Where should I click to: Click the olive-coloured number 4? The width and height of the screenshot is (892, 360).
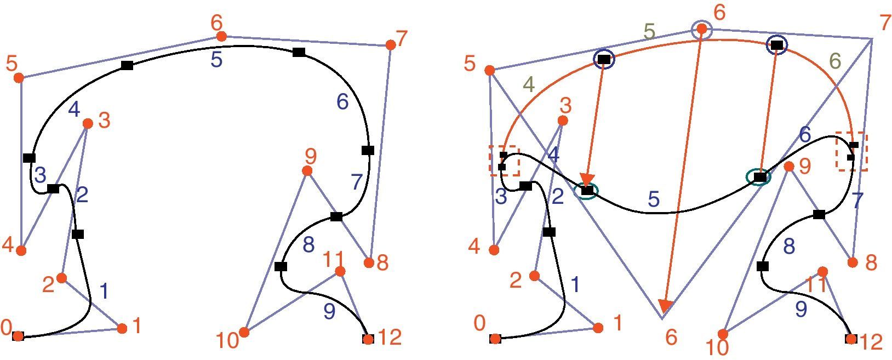point(528,85)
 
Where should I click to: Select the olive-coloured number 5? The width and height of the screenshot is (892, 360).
point(649,32)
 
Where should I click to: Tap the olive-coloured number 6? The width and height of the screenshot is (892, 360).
point(835,61)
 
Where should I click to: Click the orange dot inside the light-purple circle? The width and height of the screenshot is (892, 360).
point(701,30)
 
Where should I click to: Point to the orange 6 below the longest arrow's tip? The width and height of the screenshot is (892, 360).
point(671,338)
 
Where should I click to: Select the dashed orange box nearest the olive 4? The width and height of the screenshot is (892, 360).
point(504,161)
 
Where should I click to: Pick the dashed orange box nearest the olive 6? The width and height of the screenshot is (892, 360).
point(851,151)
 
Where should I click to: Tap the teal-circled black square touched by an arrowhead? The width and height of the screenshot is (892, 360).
point(587,191)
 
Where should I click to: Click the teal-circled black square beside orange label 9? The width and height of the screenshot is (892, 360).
point(759,177)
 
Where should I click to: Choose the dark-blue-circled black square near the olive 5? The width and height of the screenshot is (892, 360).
point(604,59)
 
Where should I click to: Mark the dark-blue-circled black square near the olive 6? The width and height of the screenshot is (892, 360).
point(776,45)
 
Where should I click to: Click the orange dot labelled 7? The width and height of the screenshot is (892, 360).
point(390,45)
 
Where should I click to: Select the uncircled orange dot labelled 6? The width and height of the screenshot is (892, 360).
point(221,36)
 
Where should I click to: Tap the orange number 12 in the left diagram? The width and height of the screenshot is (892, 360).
point(390,338)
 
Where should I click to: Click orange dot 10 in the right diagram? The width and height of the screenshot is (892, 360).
point(723,334)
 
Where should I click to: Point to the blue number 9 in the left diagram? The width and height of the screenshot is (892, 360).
point(329,311)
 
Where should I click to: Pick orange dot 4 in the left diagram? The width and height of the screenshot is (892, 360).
point(21,250)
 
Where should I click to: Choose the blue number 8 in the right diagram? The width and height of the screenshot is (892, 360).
point(788,247)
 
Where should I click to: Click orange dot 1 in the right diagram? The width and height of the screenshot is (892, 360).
point(598,328)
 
